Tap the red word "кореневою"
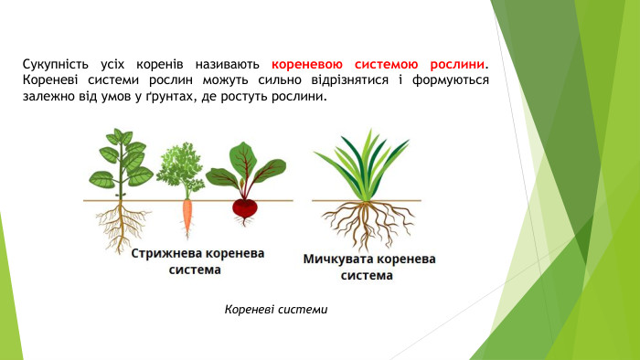tap(307, 65)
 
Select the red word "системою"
tap(384, 65)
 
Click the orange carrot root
tap(187, 217)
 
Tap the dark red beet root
tap(244, 209)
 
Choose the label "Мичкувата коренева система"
tap(369, 267)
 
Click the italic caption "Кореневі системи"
tap(275, 311)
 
